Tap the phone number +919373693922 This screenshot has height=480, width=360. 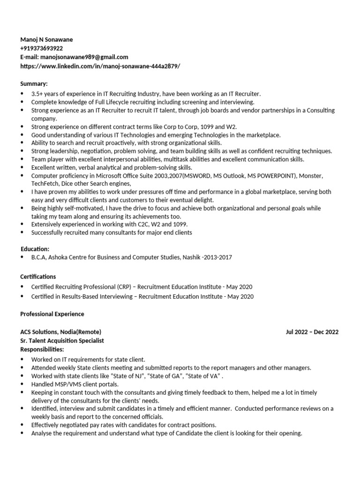(x=42, y=48)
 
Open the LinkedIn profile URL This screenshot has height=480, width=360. (x=100, y=66)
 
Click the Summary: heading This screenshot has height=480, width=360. (x=34, y=83)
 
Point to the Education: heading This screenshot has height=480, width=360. (x=35, y=249)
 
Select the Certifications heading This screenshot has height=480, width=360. (x=38, y=277)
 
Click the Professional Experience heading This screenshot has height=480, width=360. (x=52, y=314)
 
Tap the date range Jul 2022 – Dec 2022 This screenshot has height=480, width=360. (x=312, y=332)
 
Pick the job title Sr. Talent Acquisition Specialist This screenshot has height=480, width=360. (x=62, y=341)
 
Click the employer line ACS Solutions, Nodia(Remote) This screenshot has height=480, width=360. (x=60, y=332)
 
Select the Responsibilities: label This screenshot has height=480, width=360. (x=42, y=350)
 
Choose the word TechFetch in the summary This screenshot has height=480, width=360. (x=45, y=184)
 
